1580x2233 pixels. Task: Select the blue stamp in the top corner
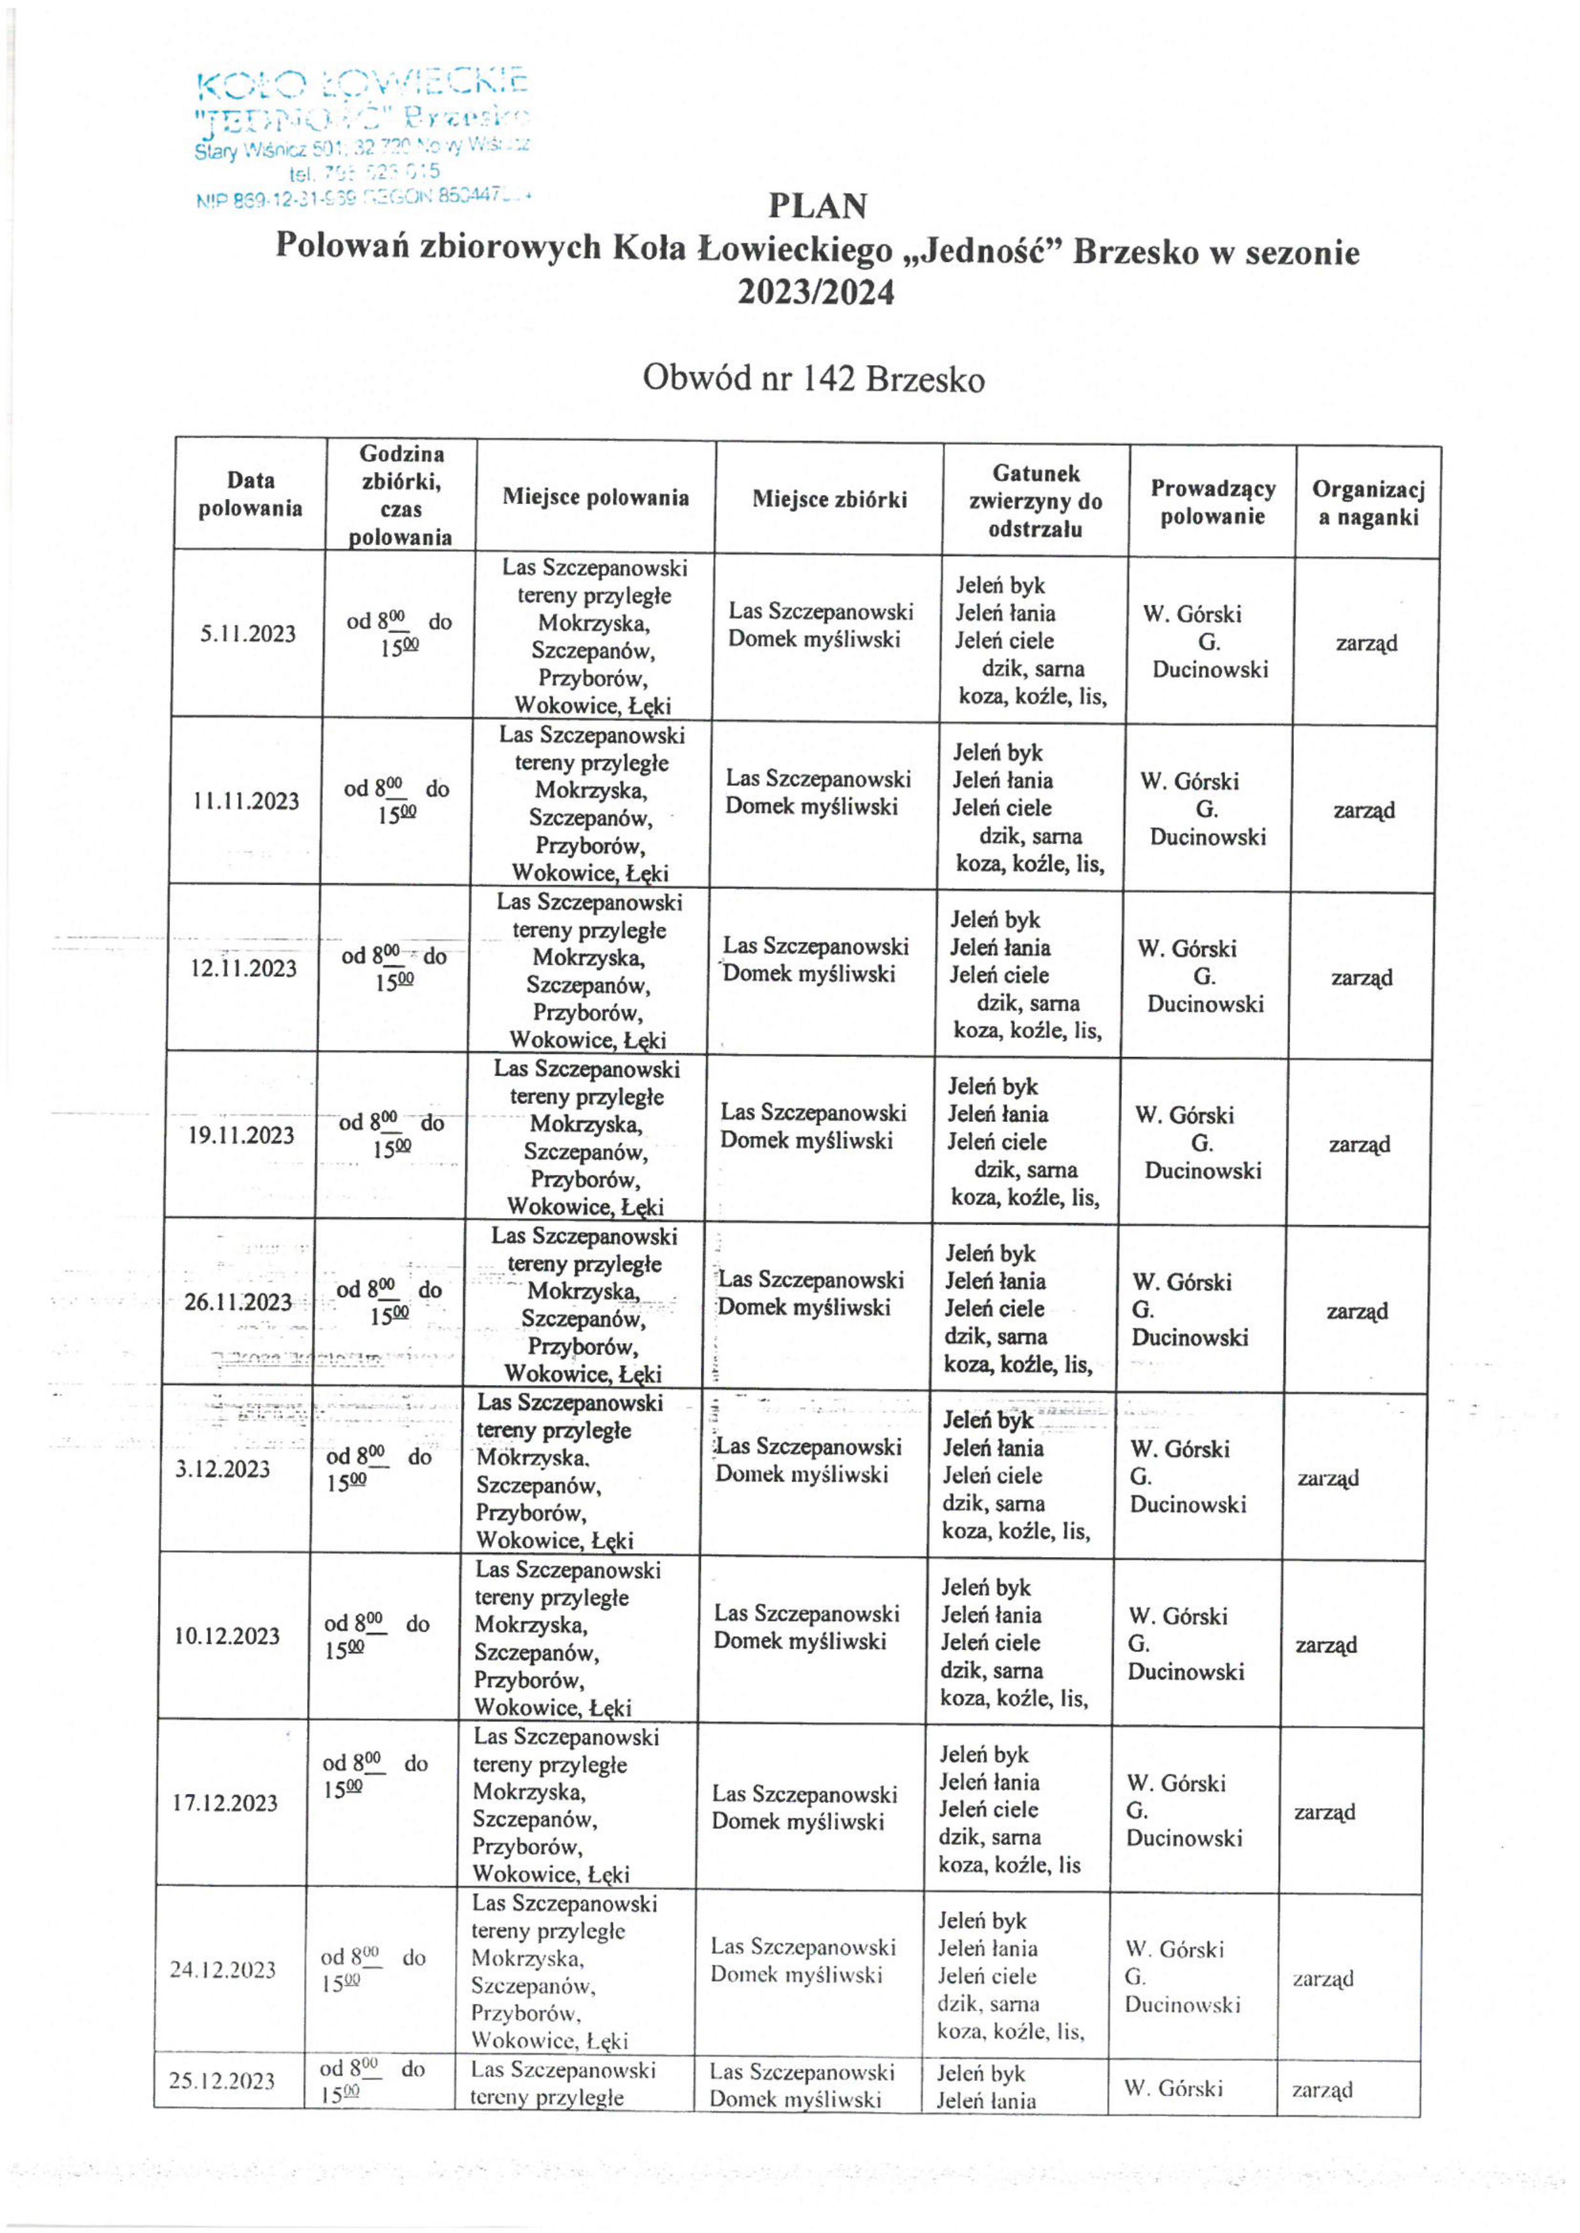tap(362, 138)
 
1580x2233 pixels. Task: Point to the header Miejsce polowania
tap(596, 497)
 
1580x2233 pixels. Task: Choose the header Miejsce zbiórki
tap(829, 499)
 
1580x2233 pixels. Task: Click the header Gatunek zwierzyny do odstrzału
tap(1035, 501)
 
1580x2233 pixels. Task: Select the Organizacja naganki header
tap(1368, 503)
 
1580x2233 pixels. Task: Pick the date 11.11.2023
tap(246, 801)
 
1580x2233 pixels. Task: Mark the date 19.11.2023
tap(241, 1135)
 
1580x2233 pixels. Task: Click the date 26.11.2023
tap(238, 1302)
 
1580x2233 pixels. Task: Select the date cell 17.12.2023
tap(225, 1803)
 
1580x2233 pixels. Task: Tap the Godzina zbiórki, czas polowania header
tap(401, 495)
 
